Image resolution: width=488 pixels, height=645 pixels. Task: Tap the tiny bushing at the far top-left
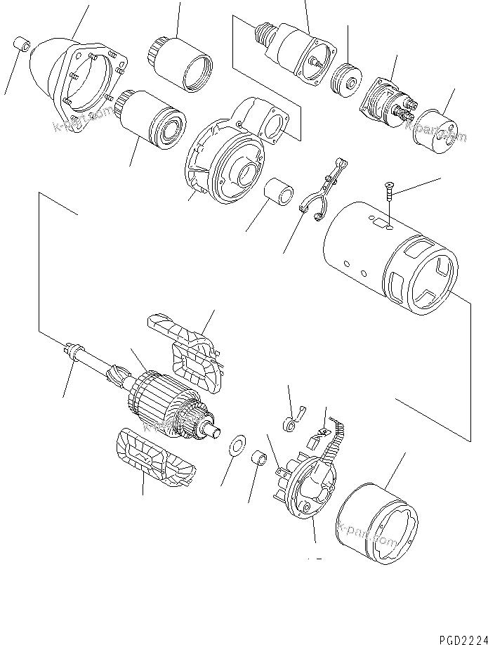(22, 47)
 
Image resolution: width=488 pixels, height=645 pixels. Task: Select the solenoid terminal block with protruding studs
(386, 104)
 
